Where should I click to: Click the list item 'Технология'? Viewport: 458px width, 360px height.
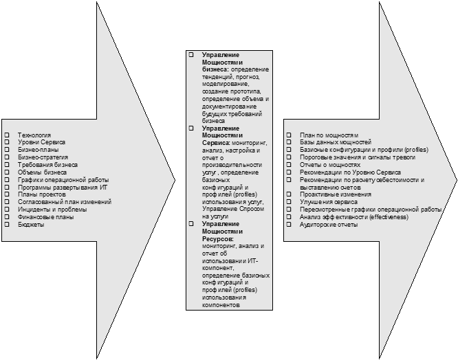(x=34, y=135)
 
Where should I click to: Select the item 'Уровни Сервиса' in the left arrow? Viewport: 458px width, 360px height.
(x=41, y=142)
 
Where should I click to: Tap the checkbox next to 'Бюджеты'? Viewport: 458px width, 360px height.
(x=7, y=225)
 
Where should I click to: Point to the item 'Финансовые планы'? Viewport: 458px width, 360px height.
(x=46, y=217)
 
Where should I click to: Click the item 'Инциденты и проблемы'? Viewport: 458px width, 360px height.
(x=52, y=210)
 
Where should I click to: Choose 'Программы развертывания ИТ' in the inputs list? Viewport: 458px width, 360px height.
(x=63, y=188)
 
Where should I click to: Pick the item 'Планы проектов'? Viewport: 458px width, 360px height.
(x=42, y=194)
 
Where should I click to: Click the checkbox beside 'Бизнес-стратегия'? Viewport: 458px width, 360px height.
(x=7, y=157)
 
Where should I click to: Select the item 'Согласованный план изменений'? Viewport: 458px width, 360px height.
(x=65, y=202)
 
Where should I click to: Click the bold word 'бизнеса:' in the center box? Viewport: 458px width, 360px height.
(x=215, y=69)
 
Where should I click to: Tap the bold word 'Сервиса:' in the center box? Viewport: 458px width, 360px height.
(x=216, y=143)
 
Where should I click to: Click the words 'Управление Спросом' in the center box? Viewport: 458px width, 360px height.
(x=233, y=209)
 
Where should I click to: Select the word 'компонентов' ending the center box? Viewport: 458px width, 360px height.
(x=221, y=305)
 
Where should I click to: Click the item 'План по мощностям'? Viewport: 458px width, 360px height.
(x=329, y=135)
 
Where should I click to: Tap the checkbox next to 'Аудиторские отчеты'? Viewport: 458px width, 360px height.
(x=289, y=225)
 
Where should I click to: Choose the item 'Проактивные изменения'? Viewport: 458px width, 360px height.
(x=336, y=194)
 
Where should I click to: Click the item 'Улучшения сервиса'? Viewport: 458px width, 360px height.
(x=329, y=202)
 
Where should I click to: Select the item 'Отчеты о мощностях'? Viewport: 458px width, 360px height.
(x=330, y=165)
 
